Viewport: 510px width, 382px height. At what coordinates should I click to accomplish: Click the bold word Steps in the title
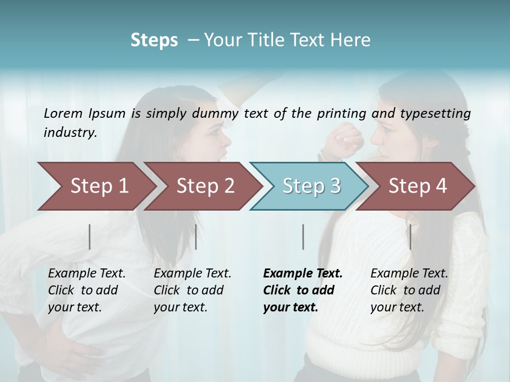pos(154,40)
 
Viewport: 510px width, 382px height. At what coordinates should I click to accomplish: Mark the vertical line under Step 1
pos(90,237)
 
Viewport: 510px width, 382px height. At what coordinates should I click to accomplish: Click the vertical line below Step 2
pos(196,237)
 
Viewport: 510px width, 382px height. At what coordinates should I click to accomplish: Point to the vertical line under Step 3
pos(303,237)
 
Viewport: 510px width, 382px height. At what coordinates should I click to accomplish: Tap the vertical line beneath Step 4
pos(410,237)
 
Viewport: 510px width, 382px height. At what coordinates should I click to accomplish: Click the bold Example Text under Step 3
pos(303,273)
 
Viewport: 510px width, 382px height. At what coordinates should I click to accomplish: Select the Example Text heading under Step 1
pos(87,273)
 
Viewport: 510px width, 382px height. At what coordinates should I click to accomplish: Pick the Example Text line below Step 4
pos(409,273)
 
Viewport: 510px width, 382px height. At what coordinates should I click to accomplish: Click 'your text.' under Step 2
pos(180,307)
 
